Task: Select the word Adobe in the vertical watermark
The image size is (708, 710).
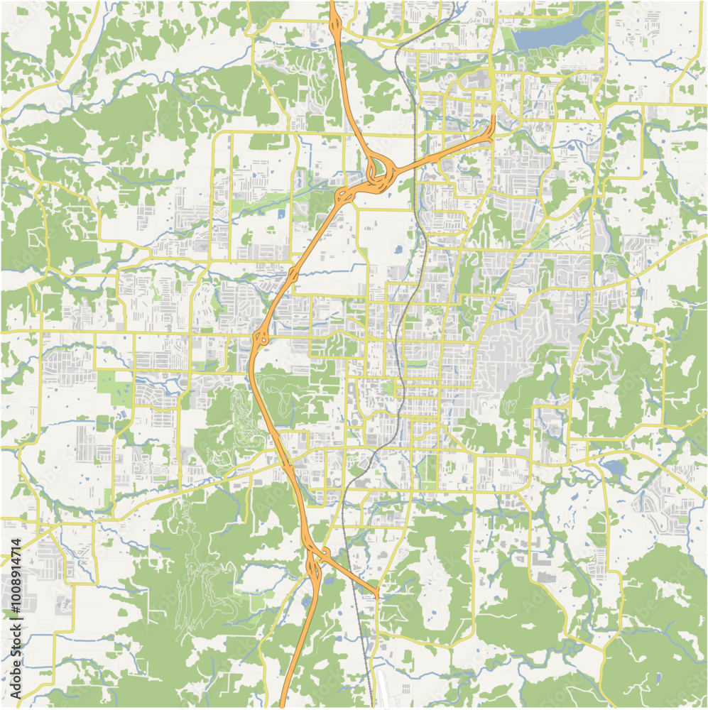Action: click(16, 682)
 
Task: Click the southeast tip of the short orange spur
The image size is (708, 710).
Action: click(378, 594)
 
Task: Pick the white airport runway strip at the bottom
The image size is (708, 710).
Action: click(382, 689)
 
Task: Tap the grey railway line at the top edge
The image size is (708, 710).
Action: click(452, 3)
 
